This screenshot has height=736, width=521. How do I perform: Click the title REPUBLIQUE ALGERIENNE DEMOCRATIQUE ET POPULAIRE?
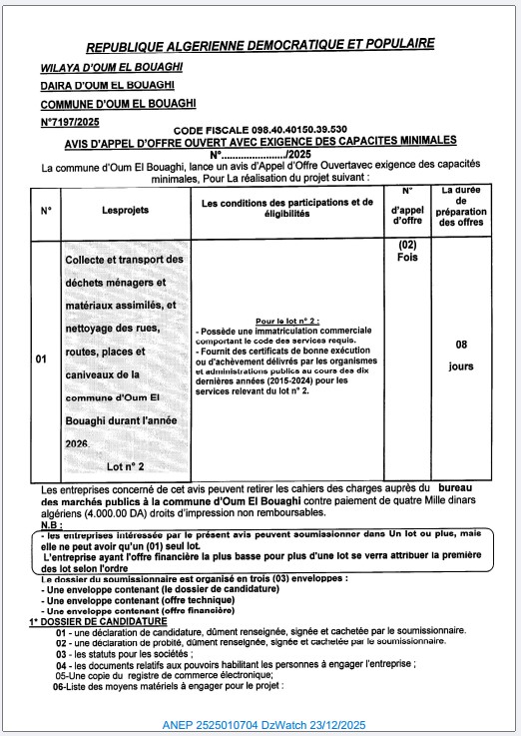[260, 45]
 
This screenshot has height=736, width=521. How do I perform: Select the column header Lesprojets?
[125, 210]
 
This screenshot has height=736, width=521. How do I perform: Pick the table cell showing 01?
[41, 358]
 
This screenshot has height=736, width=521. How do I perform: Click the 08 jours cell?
[461, 355]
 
